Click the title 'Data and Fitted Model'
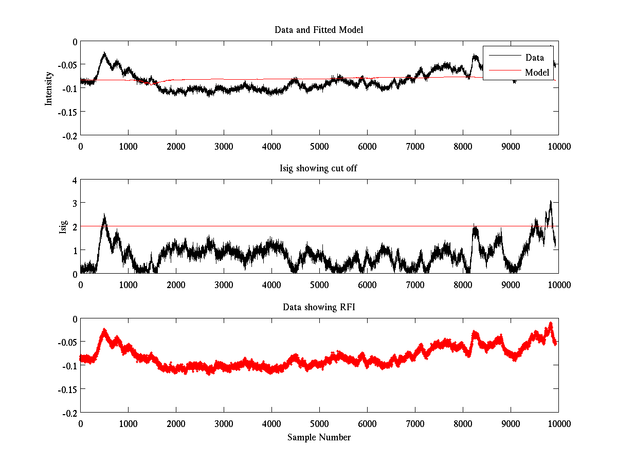point(319,30)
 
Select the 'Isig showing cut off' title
point(319,168)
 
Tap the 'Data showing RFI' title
point(319,307)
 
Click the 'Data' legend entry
point(534,57)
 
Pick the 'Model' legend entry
point(537,72)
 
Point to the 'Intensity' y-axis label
point(49,88)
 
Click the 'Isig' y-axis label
point(63,227)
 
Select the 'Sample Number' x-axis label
point(319,437)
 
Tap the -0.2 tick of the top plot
point(69,135)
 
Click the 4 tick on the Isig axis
point(75,181)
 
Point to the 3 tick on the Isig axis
point(75,204)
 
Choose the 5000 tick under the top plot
point(319,146)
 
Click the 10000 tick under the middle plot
point(558,284)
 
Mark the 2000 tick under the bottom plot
point(176,423)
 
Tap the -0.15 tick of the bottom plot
point(67,389)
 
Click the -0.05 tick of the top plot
point(67,65)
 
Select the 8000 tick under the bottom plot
point(463,423)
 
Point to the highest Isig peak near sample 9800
point(551,201)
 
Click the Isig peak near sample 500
point(104,215)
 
